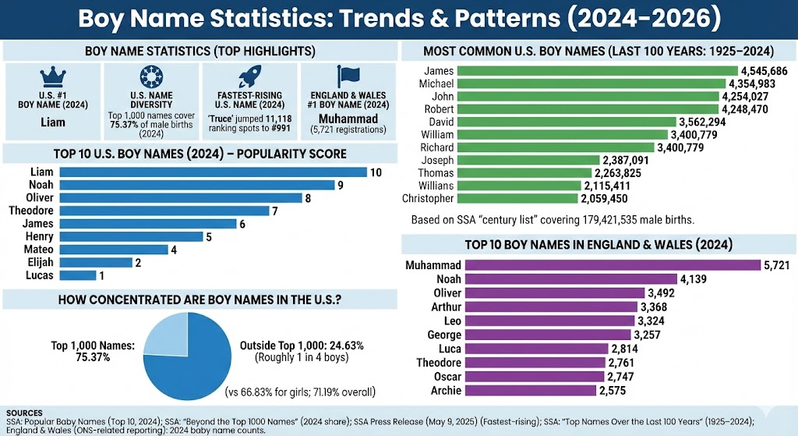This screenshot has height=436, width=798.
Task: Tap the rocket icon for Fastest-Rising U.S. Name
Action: (x=249, y=77)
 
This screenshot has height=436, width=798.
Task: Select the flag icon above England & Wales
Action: (x=347, y=77)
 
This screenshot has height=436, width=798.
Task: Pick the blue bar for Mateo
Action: (x=114, y=250)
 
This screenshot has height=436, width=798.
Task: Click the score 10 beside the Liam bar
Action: (x=376, y=172)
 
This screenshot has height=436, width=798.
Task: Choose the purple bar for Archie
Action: (x=530, y=390)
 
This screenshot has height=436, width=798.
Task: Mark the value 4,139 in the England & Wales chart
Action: (x=694, y=278)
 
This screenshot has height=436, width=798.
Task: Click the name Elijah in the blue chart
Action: (x=39, y=263)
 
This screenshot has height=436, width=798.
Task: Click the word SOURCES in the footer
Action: (x=23, y=413)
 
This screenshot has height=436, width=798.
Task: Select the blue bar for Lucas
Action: (x=77, y=275)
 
